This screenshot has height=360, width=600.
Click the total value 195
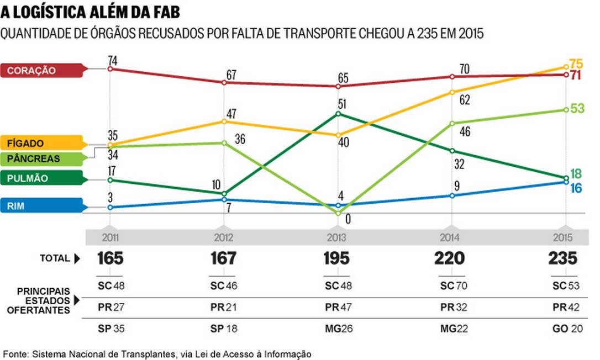(336, 258)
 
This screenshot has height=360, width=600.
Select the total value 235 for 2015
(563, 258)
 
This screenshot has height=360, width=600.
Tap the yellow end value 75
(576, 63)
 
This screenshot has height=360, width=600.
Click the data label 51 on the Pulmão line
(343, 104)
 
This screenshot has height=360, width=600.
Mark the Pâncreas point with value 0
(338, 213)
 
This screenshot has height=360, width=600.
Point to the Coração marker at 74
(110, 69)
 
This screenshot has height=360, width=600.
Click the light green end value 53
(577, 108)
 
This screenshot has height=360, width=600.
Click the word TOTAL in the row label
(55, 258)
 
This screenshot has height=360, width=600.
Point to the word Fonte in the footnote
(15, 353)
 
